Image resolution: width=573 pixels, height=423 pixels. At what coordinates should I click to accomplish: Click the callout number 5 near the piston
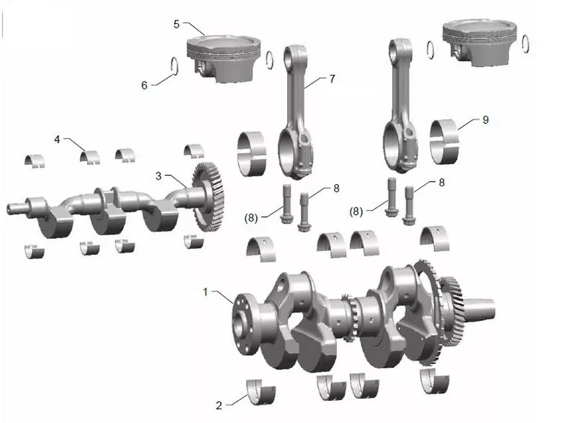[x=176, y=24]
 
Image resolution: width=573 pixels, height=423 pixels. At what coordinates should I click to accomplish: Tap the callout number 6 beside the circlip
[x=144, y=86]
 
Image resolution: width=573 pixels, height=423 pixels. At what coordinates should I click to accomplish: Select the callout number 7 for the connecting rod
[x=332, y=79]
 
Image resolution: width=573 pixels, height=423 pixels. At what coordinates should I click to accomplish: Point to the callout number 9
[x=485, y=120]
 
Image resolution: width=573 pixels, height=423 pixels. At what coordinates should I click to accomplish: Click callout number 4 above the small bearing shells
[x=57, y=140]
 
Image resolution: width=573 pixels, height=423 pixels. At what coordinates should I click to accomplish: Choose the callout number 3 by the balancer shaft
[x=158, y=176]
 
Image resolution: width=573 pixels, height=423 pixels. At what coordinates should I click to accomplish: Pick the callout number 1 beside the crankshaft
[x=206, y=292]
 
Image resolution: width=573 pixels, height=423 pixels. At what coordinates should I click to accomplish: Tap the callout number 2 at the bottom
[x=219, y=405]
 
